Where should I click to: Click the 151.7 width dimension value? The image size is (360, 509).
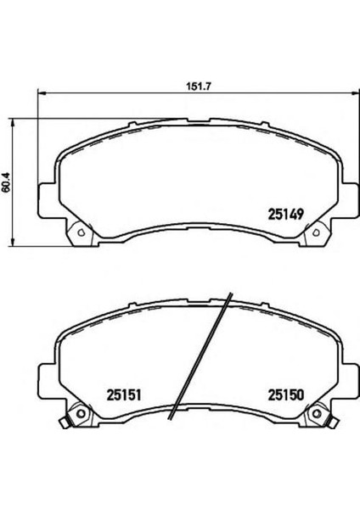coord(199,87)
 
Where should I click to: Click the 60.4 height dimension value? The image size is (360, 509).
coord(7,183)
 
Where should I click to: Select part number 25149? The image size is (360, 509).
coord(285,215)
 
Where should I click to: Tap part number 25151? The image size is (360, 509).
coord(124,395)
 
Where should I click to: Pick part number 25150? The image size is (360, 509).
coord(285,395)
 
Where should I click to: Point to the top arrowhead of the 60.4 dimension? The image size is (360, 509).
coord(13,123)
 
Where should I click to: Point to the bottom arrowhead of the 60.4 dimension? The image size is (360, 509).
coord(13,242)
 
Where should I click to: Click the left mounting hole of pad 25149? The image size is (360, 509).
coord(81,232)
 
